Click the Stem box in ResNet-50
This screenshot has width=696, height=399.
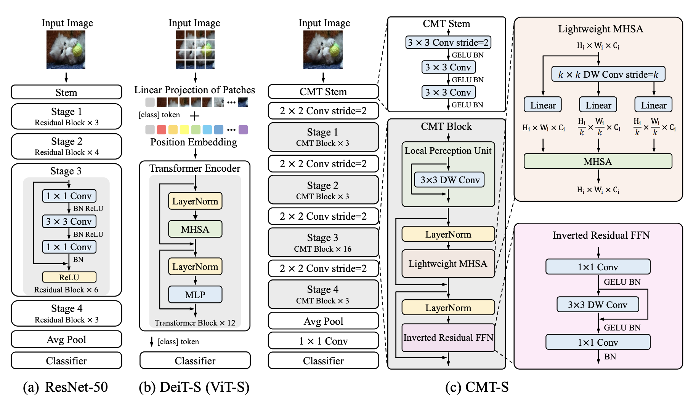click(66, 92)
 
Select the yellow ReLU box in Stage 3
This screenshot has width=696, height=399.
click(69, 277)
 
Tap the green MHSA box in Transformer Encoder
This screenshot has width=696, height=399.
click(195, 229)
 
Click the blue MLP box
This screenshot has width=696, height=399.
click(195, 295)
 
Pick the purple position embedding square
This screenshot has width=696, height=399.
click(243, 130)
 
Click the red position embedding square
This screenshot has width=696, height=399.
click(162, 130)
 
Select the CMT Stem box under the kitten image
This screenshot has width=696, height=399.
click(323, 92)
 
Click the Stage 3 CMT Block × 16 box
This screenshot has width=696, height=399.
click(323, 243)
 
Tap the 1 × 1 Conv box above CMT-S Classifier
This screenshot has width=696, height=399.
click(323, 341)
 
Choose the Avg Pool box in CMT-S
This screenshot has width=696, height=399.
click(323, 321)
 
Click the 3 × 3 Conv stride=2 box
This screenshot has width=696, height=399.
click(448, 42)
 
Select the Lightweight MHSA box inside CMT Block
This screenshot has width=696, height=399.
click(448, 263)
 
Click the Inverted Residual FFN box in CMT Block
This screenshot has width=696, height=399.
click(448, 337)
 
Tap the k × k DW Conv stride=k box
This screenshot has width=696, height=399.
click(608, 74)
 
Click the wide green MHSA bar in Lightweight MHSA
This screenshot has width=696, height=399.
click(598, 161)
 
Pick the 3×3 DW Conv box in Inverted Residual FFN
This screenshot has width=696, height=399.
click(597, 305)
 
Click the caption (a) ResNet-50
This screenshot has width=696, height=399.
click(66, 387)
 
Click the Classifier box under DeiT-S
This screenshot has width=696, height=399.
click(195, 361)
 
